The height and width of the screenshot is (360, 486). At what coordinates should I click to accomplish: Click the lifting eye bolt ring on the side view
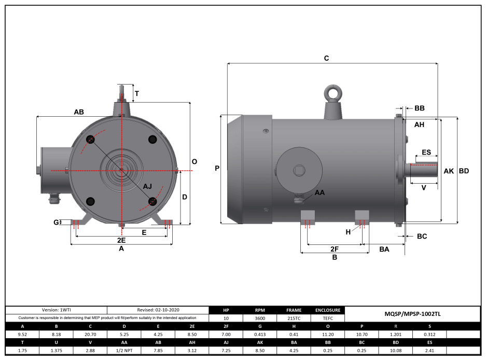332,93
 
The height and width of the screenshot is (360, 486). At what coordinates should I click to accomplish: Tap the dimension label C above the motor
326,58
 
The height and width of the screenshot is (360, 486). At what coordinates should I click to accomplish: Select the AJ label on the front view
148,186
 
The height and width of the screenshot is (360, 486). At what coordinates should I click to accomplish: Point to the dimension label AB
79,112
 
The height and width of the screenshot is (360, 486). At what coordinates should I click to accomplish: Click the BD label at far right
464,171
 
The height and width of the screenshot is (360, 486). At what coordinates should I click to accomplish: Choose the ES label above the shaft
426,153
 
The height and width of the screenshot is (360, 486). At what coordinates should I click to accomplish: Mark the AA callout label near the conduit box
320,192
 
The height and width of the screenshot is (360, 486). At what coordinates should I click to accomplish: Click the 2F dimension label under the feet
335,250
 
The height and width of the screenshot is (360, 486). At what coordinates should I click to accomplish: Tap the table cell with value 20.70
90,335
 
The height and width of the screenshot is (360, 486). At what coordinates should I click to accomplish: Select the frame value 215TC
294,318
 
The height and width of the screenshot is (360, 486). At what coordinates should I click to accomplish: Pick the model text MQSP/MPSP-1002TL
412,314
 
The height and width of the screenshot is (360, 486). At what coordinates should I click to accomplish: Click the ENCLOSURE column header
328,310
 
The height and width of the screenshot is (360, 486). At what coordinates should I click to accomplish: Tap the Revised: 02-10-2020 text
158,310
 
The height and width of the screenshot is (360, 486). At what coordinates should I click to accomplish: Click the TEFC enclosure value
328,318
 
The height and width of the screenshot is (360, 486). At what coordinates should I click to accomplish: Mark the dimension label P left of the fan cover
217,168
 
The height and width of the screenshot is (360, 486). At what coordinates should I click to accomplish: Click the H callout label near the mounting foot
348,232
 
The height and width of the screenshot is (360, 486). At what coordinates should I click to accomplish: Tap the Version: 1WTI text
56,310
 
